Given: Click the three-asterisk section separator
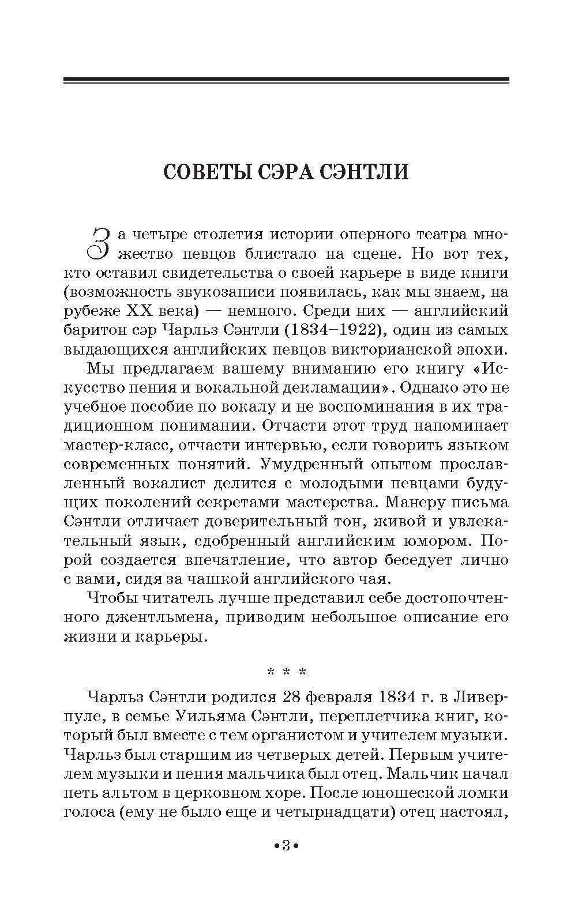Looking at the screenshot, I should click(286, 672).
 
